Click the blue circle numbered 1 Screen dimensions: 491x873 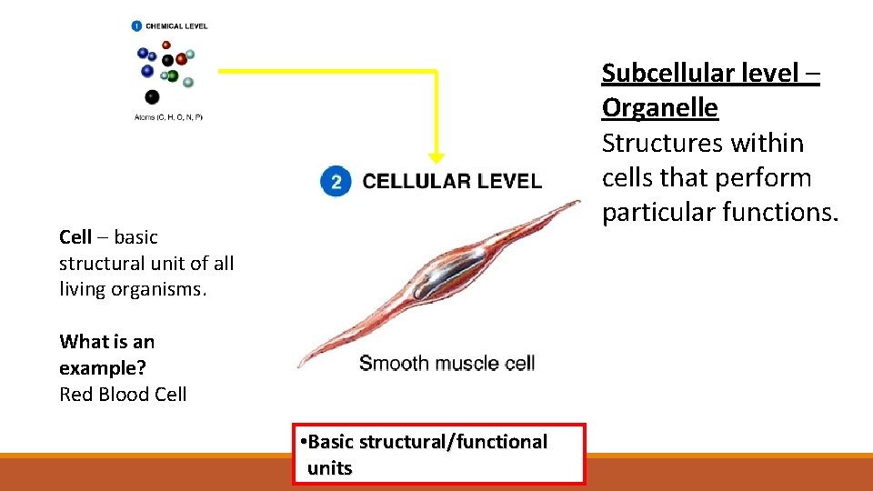(136, 26)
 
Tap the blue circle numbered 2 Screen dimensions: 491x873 (336, 182)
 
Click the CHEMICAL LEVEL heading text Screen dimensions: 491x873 (176, 26)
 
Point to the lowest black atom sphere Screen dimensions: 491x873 (152, 96)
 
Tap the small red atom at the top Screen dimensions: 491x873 (166, 45)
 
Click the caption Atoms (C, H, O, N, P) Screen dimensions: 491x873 (168, 117)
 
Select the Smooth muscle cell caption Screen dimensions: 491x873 (447, 364)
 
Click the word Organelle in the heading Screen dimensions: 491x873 (659, 108)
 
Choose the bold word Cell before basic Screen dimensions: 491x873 (75, 237)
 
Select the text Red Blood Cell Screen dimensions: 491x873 (123, 395)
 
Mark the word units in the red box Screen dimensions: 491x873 (329, 469)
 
